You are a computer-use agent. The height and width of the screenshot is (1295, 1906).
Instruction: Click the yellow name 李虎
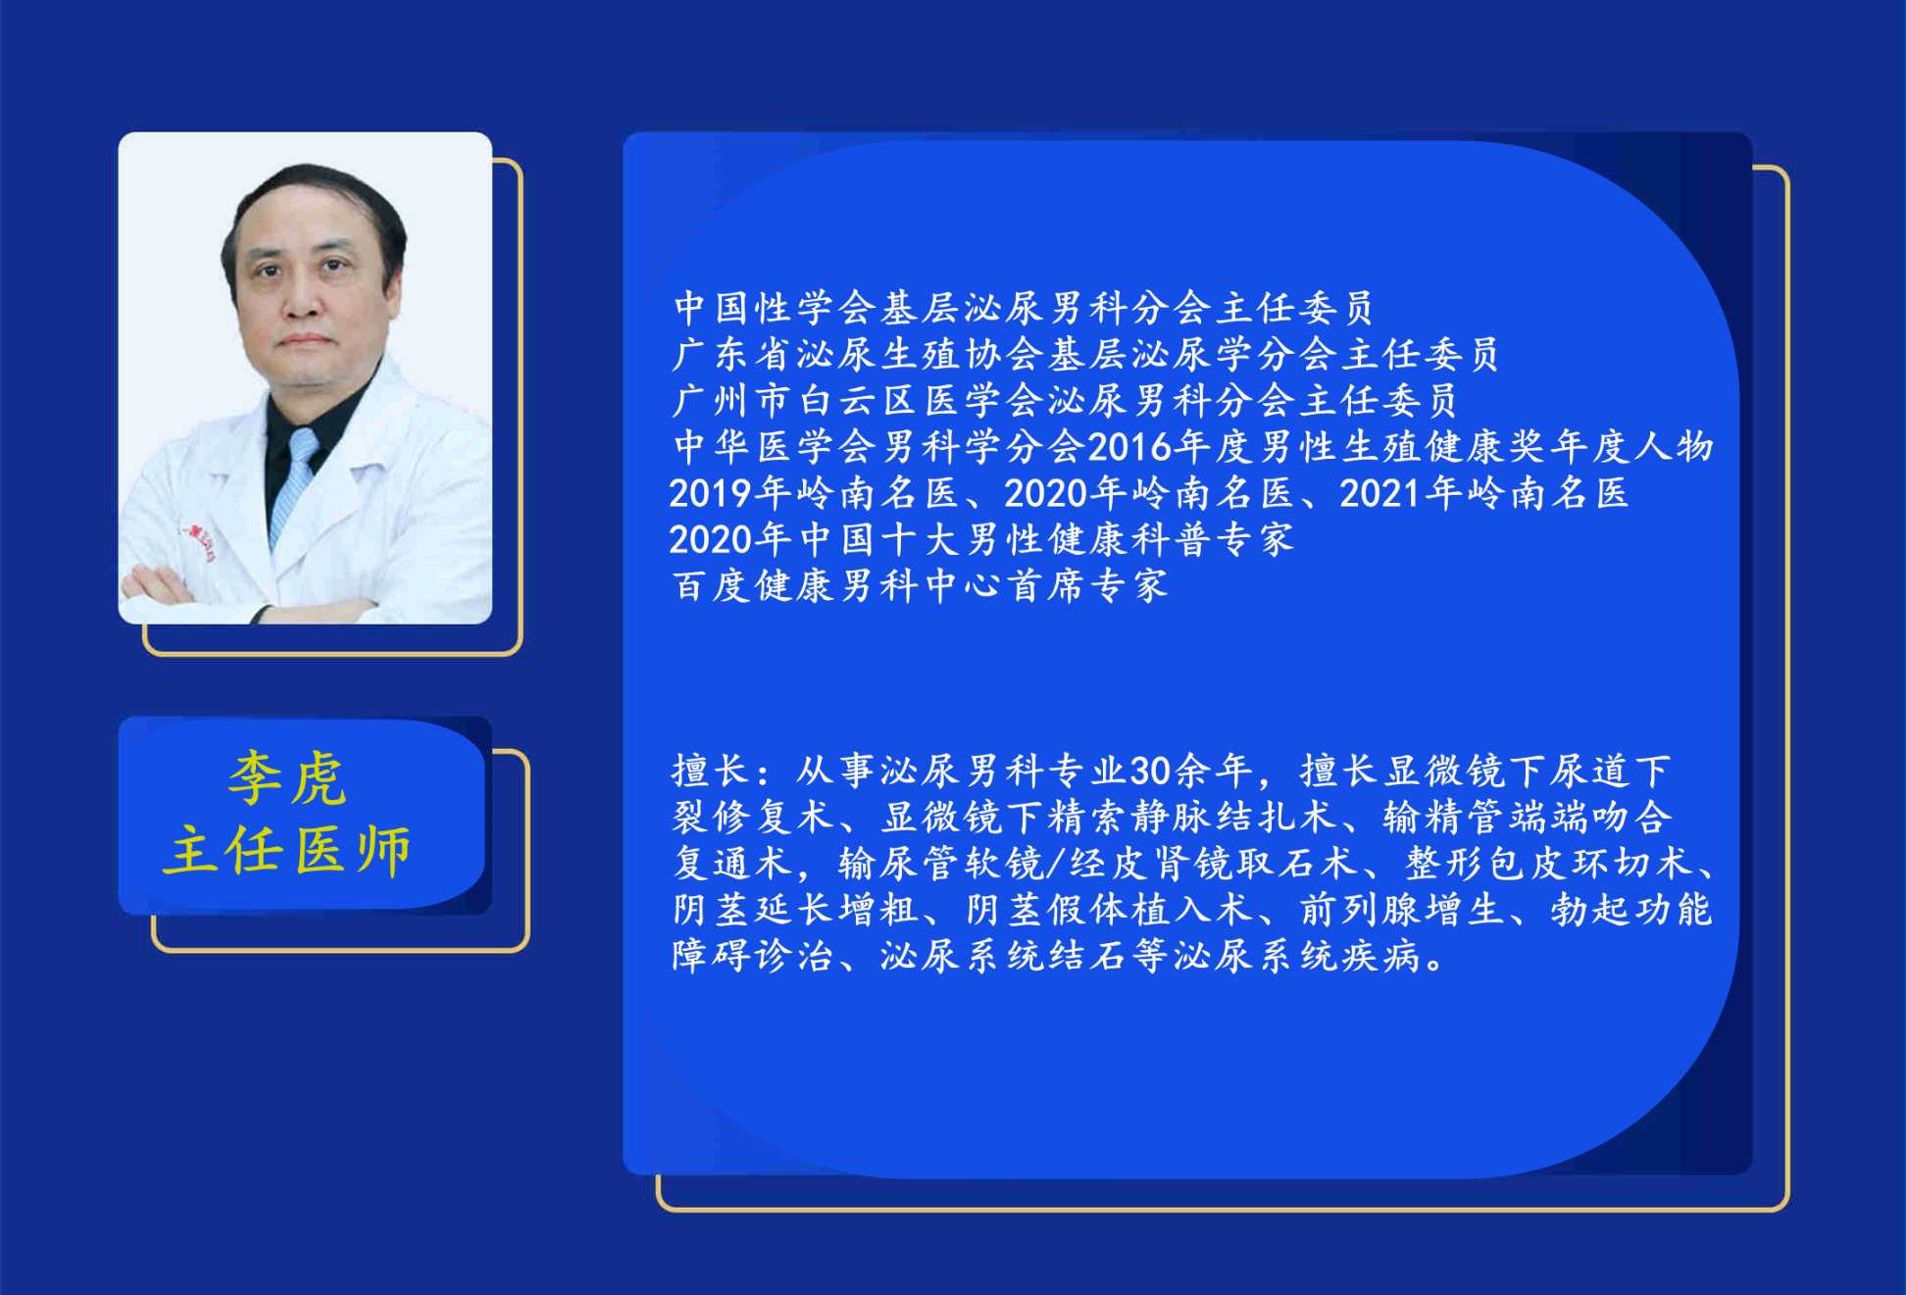[x=287, y=779]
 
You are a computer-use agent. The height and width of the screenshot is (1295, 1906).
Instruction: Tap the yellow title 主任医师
[x=287, y=849]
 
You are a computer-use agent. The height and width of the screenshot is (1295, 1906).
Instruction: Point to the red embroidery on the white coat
[x=198, y=541]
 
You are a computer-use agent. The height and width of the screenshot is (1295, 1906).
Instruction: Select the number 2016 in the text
[x=1130, y=447]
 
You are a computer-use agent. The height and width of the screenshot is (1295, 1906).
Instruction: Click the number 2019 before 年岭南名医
[x=711, y=493]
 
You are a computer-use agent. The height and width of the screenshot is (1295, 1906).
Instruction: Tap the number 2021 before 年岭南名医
[x=1380, y=493]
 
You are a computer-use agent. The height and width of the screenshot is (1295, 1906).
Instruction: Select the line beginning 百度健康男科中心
[x=920, y=586]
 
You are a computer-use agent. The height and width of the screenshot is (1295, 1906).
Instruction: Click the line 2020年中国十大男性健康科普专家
[x=981, y=539]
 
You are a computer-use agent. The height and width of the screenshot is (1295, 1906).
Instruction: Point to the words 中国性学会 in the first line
[x=775, y=308]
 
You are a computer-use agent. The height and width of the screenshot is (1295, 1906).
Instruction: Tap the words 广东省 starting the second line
[x=732, y=354]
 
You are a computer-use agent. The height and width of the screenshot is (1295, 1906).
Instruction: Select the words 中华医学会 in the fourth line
[x=775, y=447]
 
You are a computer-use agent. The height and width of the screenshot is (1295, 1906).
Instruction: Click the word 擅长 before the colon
[x=712, y=772]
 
